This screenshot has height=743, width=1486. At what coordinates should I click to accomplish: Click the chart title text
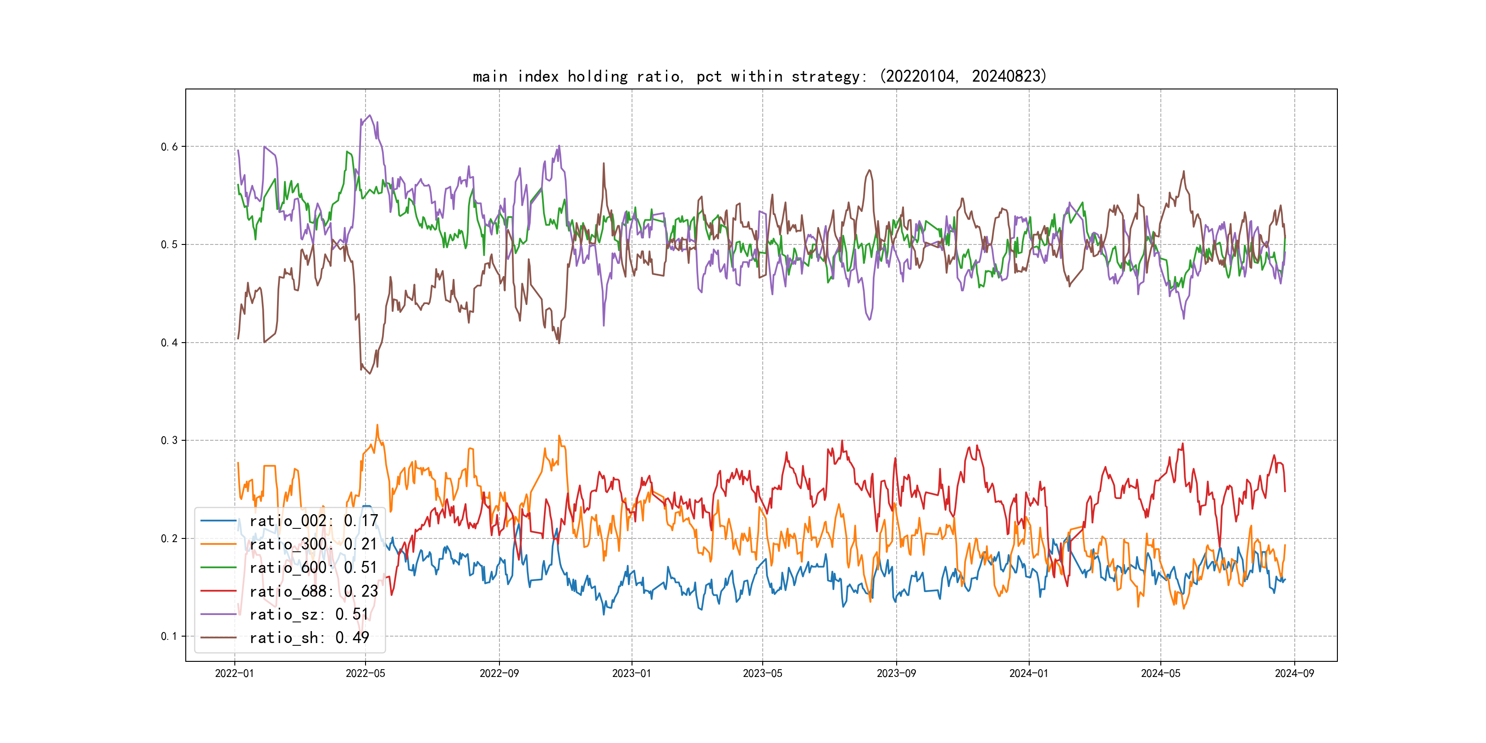pyautogui.click(x=759, y=76)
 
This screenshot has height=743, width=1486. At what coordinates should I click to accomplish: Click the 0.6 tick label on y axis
pyautogui.click(x=169, y=146)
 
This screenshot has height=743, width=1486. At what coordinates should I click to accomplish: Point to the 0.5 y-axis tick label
pyautogui.click(x=169, y=244)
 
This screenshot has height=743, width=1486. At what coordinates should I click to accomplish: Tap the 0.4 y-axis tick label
pyautogui.click(x=169, y=343)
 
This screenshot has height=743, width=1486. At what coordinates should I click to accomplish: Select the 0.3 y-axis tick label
pyautogui.click(x=169, y=440)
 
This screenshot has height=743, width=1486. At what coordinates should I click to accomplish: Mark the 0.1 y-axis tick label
pyautogui.click(x=169, y=636)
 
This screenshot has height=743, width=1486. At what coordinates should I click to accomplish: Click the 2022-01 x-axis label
pyautogui.click(x=234, y=673)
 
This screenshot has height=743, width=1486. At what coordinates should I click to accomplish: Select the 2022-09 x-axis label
pyautogui.click(x=499, y=673)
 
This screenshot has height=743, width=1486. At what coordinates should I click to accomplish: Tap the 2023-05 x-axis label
pyautogui.click(x=763, y=673)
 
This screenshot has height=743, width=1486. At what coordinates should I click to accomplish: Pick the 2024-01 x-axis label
pyautogui.click(x=1029, y=673)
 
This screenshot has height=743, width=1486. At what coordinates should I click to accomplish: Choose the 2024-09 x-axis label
pyautogui.click(x=1294, y=673)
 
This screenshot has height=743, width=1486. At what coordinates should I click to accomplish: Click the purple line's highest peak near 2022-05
pyautogui.click(x=370, y=116)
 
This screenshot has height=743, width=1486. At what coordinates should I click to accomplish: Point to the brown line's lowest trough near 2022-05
pyautogui.click(x=370, y=373)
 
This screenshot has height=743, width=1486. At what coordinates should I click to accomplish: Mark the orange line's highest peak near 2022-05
pyautogui.click(x=377, y=425)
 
